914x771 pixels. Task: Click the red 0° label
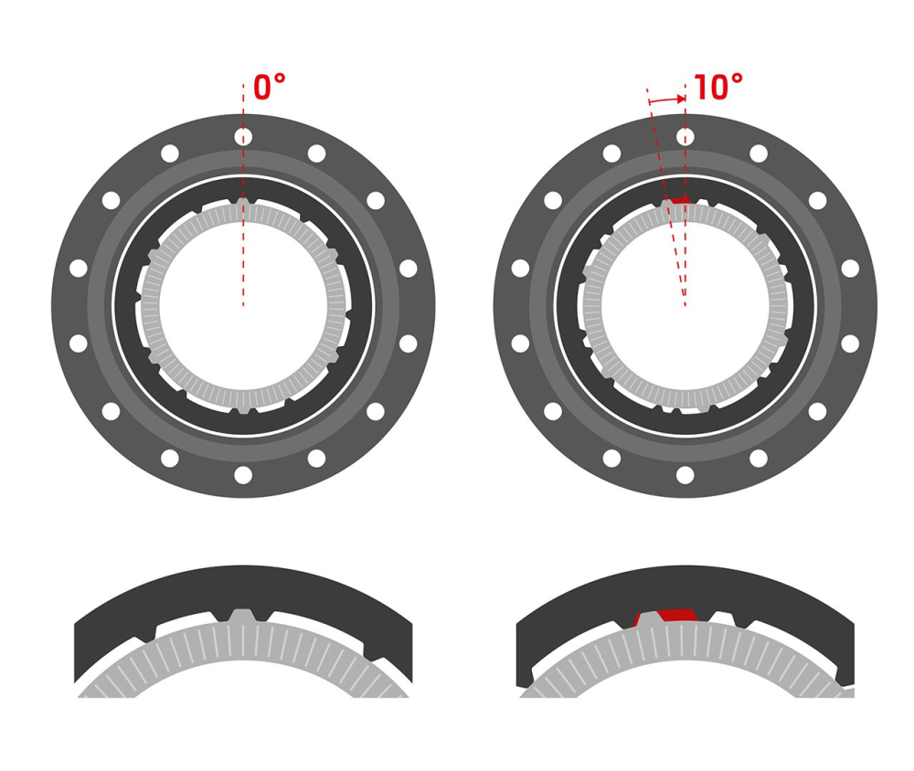click(269, 89)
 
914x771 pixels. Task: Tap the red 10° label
click(717, 89)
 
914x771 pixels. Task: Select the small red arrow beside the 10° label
click(667, 100)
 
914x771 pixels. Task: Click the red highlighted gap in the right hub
click(679, 199)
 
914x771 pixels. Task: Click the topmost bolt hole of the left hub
click(243, 137)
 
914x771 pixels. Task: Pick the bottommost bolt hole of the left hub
click(243, 475)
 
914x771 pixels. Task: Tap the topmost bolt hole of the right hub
click(685, 137)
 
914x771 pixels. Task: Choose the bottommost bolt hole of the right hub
click(685, 475)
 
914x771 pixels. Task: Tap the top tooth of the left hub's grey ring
click(243, 202)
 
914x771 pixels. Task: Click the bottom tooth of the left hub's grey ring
click(243, 410)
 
